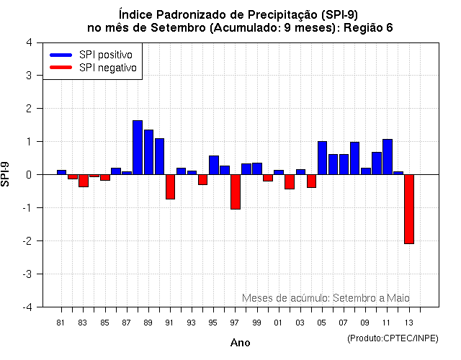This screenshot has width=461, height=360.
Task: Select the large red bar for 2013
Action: [x=409, y=209]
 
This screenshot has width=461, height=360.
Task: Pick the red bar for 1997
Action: [x=236, y=192]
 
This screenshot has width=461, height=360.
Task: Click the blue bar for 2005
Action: [x=322, y=158]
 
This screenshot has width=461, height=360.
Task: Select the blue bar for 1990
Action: [x=159, y=156]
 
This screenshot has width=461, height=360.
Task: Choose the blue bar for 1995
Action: [x=214, y=165]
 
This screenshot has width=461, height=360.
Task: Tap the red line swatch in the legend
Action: [x=61, y=68]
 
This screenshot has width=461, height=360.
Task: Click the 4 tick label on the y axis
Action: [x=28, y=42]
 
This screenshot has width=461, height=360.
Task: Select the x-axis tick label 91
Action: [x=170, y=322]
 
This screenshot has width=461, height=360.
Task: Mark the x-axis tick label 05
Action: [x=322, y=322]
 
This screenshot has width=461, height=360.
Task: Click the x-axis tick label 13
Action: [x=409, y=322]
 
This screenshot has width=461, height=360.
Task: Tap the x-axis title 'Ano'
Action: [x=241, y=343]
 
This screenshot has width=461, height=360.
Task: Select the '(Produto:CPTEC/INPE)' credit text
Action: [x=393, y=338]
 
